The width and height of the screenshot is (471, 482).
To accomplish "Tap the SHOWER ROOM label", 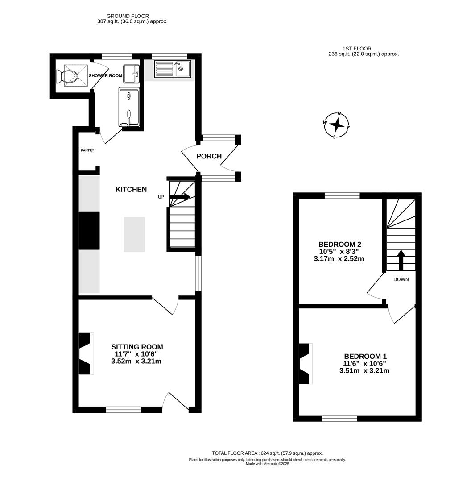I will click(105, 76).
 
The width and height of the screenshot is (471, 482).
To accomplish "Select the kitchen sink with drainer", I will click(172, 69).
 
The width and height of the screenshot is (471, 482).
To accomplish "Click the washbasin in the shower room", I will click(131, 74).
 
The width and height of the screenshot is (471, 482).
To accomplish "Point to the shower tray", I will click(129, 107).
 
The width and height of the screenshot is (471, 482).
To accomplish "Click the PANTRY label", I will click(87, 150).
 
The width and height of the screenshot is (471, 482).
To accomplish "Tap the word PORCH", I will click(209, 156).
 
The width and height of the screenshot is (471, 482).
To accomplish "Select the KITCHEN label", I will click(131, 190).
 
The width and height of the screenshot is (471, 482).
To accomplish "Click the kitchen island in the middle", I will click(134, 234).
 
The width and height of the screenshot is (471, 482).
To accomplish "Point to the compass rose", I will click(337, 125).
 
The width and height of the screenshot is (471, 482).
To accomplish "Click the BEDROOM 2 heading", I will click(339, 245).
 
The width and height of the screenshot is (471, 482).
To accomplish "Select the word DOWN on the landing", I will click(401, 280).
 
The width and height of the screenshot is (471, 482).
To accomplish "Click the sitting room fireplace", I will click(86, 353).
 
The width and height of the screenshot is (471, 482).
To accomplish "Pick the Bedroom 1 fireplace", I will click(305, 364).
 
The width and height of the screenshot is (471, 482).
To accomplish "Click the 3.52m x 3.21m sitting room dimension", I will click(136, 361).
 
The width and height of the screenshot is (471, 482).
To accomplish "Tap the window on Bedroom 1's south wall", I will click(339, 418).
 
